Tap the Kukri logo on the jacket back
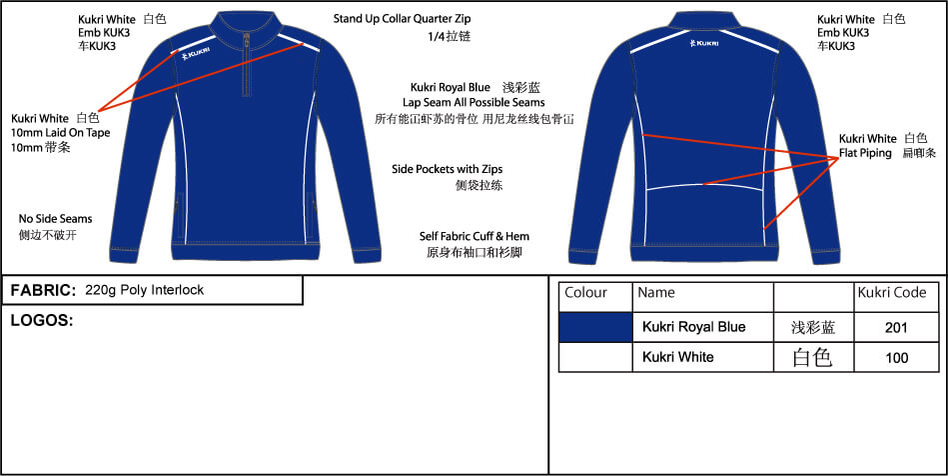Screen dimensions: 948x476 click(x=704, y=43)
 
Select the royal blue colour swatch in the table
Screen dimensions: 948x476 click(x=595, y=328)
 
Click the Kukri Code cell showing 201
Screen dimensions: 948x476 click(x=896, y=328)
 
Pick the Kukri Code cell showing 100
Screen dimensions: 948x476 click(x=896, y=358)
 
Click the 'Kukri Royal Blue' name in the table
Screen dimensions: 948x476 click(x=693, y=327)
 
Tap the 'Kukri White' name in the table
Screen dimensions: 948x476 click(x=677, y=357)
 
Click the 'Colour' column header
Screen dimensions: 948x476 click(x=585, y=293)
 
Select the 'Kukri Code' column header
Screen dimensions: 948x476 click(x=892, y=293)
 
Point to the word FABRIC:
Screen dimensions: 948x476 click(x=43, y=291)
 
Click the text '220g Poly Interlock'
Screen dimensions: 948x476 click(x=145, y=290)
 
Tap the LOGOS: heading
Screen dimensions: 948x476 click(x=42, y=321)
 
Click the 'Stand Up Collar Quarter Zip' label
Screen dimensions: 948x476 click(x=402, y=19)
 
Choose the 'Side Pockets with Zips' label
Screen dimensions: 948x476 click(x=447, y=170)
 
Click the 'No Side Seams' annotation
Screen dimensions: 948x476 click(x=56, y=219)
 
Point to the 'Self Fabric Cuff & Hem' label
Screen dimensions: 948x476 click(x=474, y=236)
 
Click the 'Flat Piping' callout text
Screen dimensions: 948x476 click(x=865, y=153)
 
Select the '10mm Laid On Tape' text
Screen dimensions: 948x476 click(x=61, y=133)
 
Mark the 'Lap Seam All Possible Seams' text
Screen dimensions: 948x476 click(x=474, y=102)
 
